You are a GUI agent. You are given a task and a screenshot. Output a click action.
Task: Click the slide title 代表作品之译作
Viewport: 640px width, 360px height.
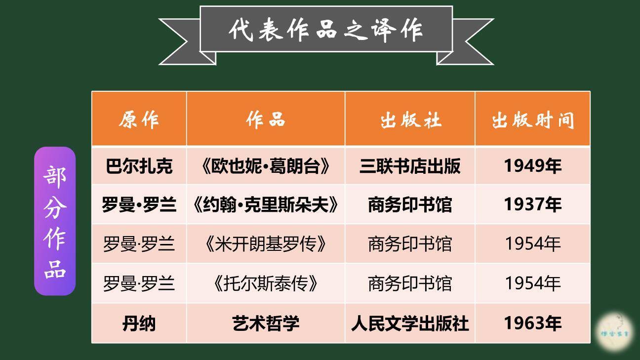coord(326,29)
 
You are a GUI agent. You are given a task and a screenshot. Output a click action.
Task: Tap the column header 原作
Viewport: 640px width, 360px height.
coord(139,120)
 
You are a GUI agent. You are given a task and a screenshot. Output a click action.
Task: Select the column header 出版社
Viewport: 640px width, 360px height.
coord(410,120)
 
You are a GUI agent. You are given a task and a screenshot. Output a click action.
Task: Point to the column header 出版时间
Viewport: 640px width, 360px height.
coord(532,120)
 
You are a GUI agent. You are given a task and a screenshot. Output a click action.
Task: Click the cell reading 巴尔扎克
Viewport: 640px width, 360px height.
coord(139,166)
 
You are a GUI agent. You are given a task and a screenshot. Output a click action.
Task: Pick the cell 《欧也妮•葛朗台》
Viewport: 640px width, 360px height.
coord(266,166)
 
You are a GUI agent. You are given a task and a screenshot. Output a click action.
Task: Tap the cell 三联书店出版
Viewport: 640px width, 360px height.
coord(410,166)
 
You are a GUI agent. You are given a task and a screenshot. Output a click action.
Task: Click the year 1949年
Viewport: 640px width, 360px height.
coord(532,166)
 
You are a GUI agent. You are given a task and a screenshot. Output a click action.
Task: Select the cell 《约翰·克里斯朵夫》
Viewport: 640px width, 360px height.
coord(266,204)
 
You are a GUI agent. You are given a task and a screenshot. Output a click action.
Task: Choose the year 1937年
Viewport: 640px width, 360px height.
coord(532,204)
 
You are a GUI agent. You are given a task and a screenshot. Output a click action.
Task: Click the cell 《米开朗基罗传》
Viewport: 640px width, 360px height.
coord(266,244)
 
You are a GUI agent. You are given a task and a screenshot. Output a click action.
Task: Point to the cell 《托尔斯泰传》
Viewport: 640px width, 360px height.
coord(266,283)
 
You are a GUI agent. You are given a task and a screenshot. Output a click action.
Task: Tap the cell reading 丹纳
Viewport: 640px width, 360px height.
coord(139,323)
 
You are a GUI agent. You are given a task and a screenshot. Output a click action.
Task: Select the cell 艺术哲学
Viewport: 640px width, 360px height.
coord(266,323)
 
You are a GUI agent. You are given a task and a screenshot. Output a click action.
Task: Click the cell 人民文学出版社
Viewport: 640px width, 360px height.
coord(410,323)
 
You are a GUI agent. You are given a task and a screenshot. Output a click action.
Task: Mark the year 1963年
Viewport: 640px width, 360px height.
coord(532,323)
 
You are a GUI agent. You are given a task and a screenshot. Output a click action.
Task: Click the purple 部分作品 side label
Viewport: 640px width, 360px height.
coord(55,221)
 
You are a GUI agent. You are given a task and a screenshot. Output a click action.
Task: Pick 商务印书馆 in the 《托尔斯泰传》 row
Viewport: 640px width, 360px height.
coord(410,283)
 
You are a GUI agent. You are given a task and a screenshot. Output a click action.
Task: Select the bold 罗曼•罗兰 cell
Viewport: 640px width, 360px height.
coord(139,204)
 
